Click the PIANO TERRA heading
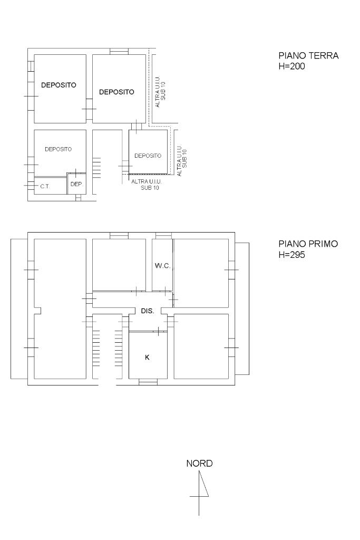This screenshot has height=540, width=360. pos(308,55)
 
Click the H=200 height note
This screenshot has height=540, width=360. pos(291,66)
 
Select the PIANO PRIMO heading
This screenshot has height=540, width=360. pos(308,244)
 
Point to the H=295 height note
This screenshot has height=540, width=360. pos(291,255)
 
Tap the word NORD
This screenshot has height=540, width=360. pos(199,464)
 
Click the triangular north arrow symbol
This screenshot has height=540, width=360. pos(203,484)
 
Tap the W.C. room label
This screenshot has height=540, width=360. pos(162,266)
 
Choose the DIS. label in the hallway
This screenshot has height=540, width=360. pos(147,311)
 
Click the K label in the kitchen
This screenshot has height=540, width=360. pos(147,358)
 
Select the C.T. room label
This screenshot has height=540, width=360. pos(45,186)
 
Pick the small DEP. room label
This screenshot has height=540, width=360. pos(77,184)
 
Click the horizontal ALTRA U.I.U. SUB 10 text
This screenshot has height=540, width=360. pos(147,185)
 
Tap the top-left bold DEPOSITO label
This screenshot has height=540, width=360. pos(59,85)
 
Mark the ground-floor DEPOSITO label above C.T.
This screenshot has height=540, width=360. pos(58,149)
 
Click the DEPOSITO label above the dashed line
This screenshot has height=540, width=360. pos(148,156)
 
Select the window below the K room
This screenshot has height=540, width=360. pos(148,382)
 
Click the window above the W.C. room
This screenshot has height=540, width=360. pos(163,236)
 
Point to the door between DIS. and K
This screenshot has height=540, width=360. pos(148,331)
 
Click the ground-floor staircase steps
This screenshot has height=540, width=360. pos(96,167)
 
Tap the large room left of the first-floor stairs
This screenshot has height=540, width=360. pos(60,309)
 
